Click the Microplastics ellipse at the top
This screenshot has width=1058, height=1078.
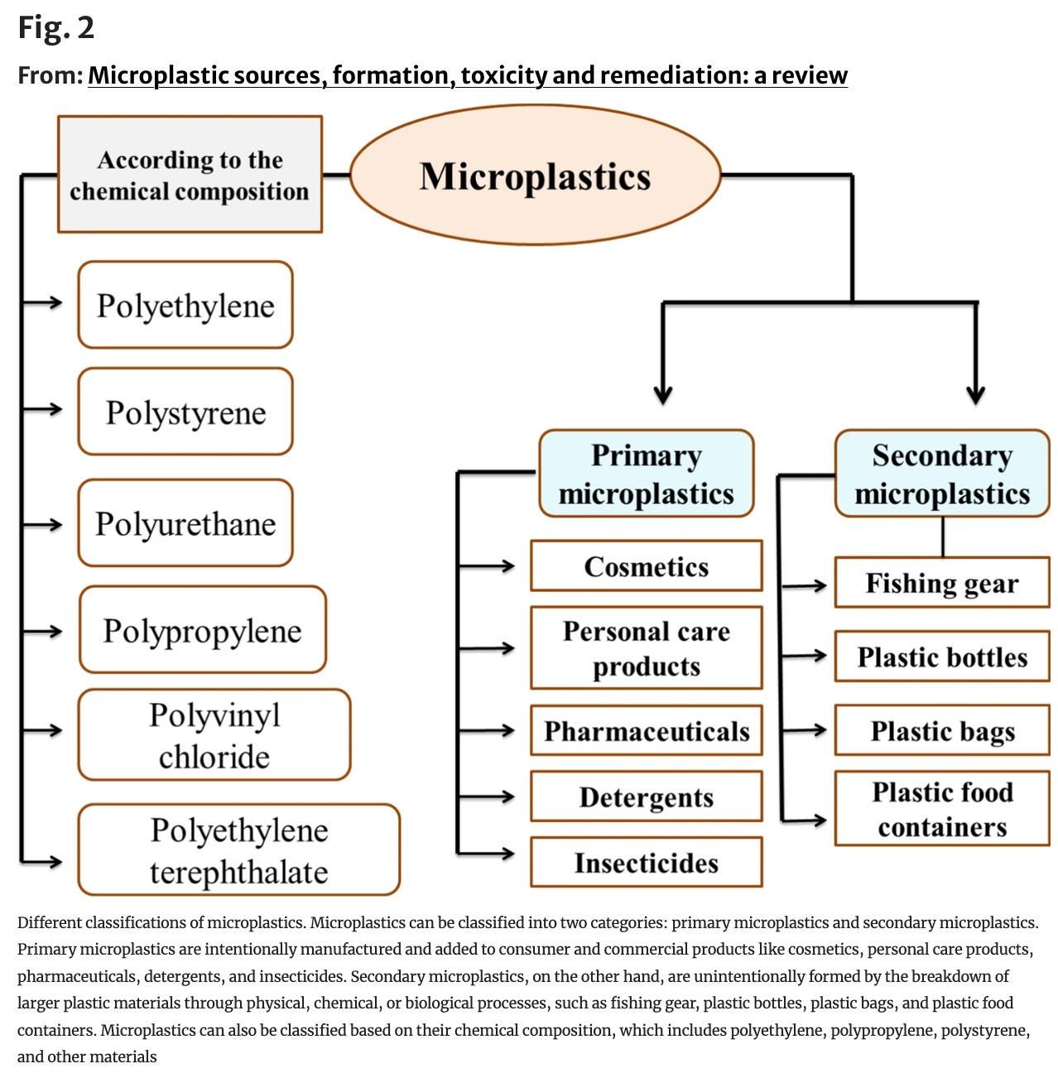tap(536, 176)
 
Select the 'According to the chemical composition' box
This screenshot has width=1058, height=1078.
tap(190, 175)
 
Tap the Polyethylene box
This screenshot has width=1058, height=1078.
tap(185, 305)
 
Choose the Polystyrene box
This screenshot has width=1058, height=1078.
tap(185, 411)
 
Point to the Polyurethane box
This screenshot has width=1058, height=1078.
tap(185, 523)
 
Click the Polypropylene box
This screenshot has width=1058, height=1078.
tap(203, 630)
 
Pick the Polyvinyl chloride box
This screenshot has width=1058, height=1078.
tap(214, 734)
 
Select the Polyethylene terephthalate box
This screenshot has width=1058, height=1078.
tap(239, 849)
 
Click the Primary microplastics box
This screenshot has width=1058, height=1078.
tap(646, 474)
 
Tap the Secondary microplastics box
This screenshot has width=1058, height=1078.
tap(942, 474)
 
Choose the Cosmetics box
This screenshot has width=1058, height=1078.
tap(646, 566)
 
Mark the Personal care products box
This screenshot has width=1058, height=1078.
tap(646, 648)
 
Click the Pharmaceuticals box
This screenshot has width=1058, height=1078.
tap(646, 731)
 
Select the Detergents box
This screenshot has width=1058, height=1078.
tap(646, 796)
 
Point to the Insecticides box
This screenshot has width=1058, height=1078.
tap(646, 863)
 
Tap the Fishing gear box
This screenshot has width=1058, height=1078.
tap(942, 583)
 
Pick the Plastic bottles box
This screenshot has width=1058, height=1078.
tap(942, 657)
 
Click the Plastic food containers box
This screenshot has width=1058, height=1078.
tap(942, 809)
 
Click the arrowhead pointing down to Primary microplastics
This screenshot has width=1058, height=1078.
tap(662, 395)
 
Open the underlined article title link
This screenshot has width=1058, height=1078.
tap(468, 75)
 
